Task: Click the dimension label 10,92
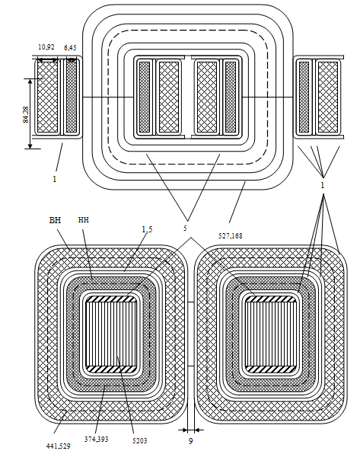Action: point(46,47)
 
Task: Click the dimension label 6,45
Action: point(70,47)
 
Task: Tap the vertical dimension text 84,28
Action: point(26,115)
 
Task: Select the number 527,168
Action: point(231,236)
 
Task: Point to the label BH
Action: point(55,220)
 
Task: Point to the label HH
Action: point(84,220)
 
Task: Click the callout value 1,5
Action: point(147,229)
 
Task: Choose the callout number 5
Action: point(185,229)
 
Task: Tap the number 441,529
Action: point(58,446)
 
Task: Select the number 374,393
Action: point(97,440)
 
